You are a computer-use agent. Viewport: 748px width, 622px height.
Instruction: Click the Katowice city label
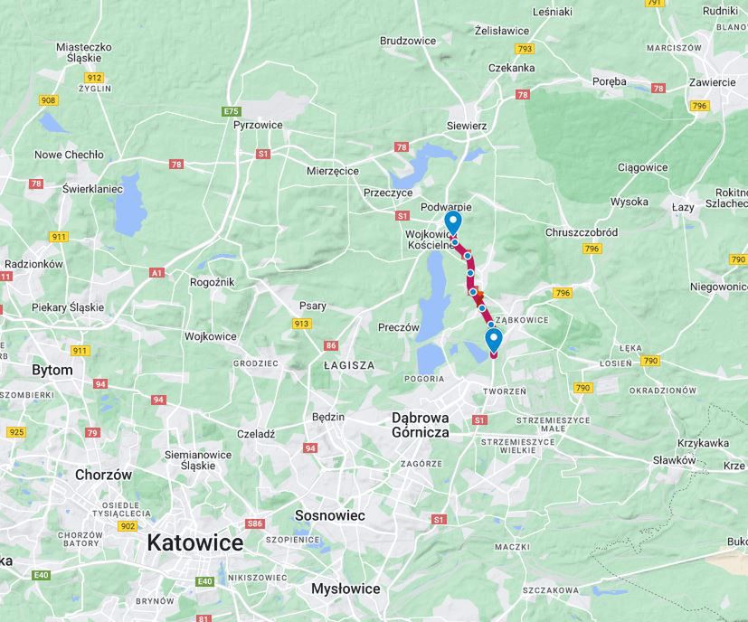coord(194,543)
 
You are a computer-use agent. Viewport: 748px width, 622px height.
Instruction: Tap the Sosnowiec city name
coord(329,515)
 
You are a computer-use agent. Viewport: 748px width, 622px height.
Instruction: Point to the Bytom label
coord(52,370)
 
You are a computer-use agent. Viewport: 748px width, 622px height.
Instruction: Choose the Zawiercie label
coord(711,81)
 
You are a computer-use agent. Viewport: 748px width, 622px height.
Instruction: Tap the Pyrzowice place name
coord(258,125)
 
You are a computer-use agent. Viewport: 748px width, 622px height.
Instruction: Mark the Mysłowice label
coord(345,589)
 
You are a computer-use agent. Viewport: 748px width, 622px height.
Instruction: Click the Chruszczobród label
coord(582,231)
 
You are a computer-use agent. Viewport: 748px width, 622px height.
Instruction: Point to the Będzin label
coord(328,417)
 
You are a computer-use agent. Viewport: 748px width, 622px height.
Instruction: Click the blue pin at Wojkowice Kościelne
coord(453,222)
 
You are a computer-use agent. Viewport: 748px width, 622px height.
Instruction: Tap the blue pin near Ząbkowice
coord(493,340)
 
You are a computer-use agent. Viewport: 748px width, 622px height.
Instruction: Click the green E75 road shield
coord(232,111)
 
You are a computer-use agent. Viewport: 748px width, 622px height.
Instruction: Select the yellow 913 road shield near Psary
coord(301,324)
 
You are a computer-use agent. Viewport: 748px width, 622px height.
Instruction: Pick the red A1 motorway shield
coord(156,272)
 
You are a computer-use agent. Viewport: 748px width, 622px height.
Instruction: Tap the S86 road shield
coord(255,523)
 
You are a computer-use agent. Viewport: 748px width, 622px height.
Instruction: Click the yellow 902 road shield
coord(128,526)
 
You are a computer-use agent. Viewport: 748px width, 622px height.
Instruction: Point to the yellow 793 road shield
coord(524,49)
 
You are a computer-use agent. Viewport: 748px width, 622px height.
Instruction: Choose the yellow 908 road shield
coord(48,99)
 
